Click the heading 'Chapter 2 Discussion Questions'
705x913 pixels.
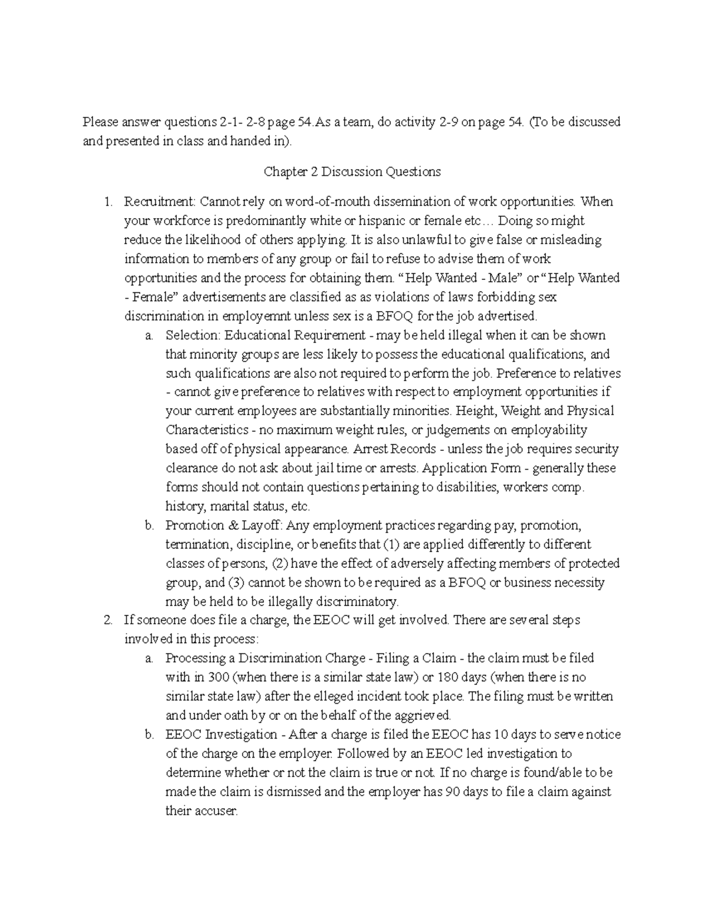[352, 172]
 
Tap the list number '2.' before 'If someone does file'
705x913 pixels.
[107, 620]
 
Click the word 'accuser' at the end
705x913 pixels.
[217, 811]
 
